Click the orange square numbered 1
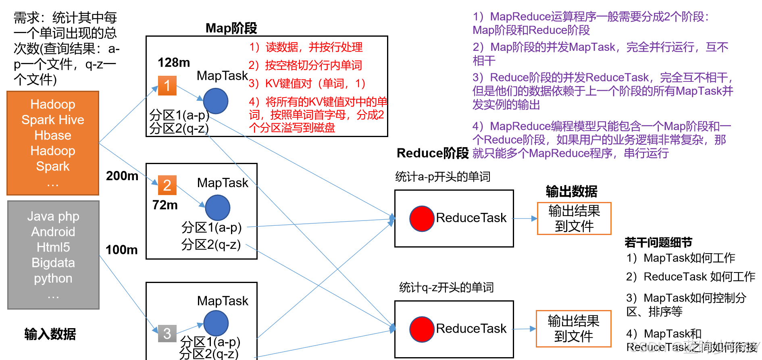pyautogui.click(x=167, y=85)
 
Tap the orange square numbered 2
pyautogui.click(x=167, y=185)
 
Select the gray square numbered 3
pyautogui.click(x=167, y=333)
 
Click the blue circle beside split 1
pyautogui.click(x=216, y=101)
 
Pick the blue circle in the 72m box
pyautogui.click(x=218, y=208)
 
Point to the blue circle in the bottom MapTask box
pyautogui.click(x=216, y=323)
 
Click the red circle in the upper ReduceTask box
pyautogui.click(x=422, y=218)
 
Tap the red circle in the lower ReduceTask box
pyautogui.click(x=422, y=329)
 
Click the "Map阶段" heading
pyautogui.click(x=231, y=28)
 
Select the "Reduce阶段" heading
pyautogui.click(x=433, y=153)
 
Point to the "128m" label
pyautogui.click(x=174, y=62)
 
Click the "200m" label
pyautogui.click(x=122, y=176)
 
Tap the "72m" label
pyautogui.click(x=165, y=205)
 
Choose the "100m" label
pyautogui.click(x=122, y=250)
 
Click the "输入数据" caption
pyautogui.click(x=50, y=334)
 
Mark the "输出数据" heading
pyautogui.click(x=572, y=191)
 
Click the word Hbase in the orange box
pyautogui.click(x=53, y=135)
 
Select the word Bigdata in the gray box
pyautogui.click(x=53, y=262)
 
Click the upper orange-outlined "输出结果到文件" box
pyautogui.click(x=574, y=218)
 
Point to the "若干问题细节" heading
pyautogui.click(x=658, y=242)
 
